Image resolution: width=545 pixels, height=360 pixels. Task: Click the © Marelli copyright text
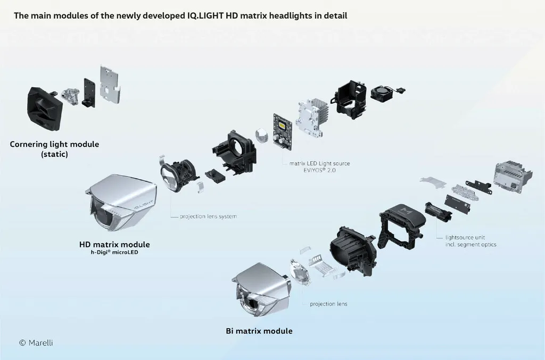[36, 342]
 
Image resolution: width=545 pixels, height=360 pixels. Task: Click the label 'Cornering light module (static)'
[54, 149]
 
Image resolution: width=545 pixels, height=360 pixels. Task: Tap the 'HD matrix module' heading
[114, 245]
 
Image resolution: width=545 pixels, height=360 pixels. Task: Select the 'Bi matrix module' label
[259, 331]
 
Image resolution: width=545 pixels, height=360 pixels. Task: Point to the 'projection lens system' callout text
[208, 216]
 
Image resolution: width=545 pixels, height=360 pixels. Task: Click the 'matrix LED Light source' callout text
[319, 163]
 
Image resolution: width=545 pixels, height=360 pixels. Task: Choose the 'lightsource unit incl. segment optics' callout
[470, 241]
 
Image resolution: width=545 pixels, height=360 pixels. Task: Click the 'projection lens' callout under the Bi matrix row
[328, 304]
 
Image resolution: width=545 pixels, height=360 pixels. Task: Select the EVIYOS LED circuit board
[283, 131]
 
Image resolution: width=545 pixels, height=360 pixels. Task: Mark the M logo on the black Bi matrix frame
[406, 211]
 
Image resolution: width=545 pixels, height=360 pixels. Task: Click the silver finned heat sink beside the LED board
[312, 118]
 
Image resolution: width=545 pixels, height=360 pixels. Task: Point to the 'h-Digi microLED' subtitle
[114, 253]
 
